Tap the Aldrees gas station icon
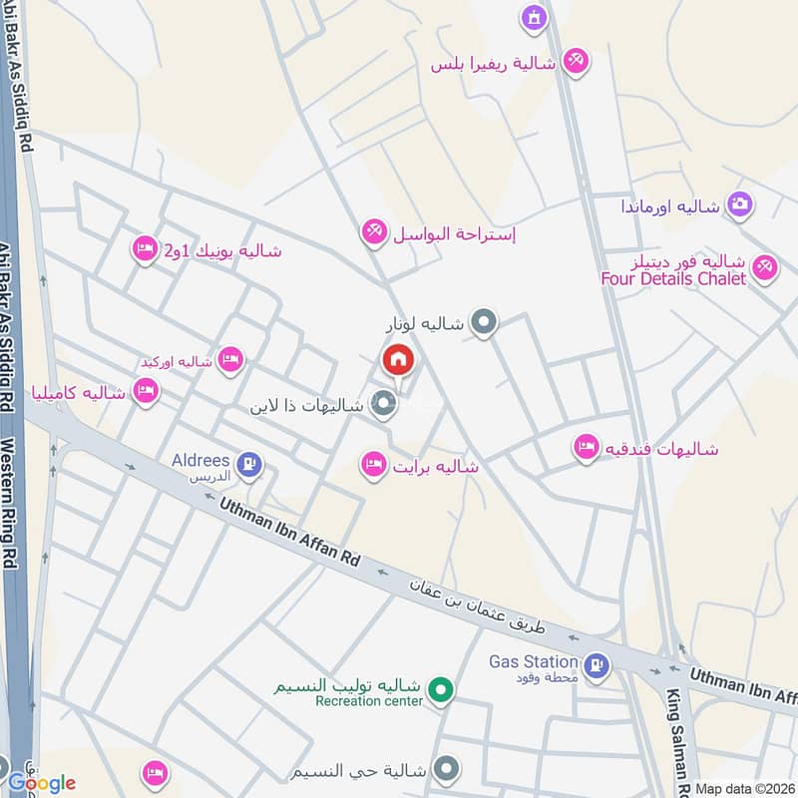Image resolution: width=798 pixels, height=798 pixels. [x=249, y=463]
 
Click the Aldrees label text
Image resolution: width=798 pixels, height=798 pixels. [x=203, y=462]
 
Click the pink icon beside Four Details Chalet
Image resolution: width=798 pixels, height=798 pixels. [x=764, y=267]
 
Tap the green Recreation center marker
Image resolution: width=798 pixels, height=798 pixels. [x=438, y=688]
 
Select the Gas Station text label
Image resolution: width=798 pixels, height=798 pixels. [x=534, y=661]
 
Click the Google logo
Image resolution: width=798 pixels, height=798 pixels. [x=42, y=782]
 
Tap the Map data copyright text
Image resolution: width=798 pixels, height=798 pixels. [x=746, y=788]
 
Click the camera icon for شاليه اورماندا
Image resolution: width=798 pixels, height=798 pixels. [x=739, y=204]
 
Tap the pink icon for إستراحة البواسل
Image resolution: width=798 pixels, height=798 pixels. [x=373, y=232]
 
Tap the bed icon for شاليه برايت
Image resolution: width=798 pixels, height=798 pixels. [x=374, y=464]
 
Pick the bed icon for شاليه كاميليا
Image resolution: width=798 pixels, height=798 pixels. [x=146, y=392]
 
